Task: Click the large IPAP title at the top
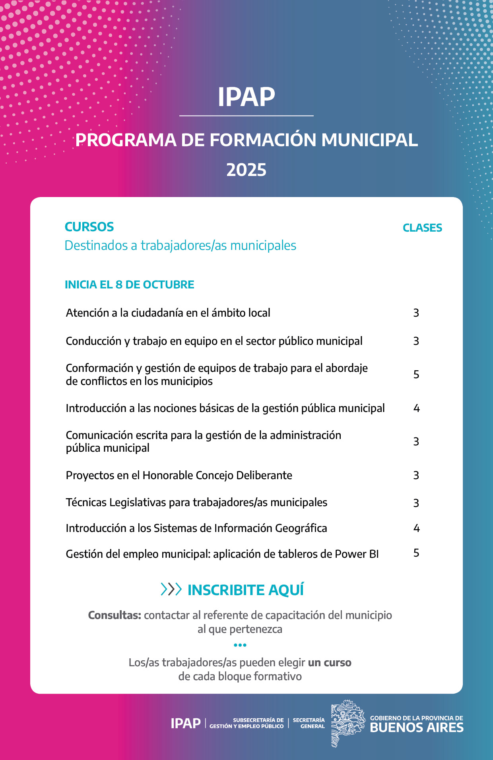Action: (x=246, y=97)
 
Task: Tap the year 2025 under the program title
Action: (x=246, y=170)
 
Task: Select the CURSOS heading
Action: (x=89, y=227)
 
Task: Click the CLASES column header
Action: (x=422, y=228)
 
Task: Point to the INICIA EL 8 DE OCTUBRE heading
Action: (x=129, y=284)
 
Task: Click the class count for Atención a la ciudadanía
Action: (x=416, y=313)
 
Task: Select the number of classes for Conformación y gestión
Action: (x=416, y=374)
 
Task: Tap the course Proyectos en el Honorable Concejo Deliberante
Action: (x=179, y=475)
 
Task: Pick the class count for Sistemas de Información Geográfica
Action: (x=416, y=528)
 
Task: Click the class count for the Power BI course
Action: (x=416, y=553)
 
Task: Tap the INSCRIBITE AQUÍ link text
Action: (x=246, y=590)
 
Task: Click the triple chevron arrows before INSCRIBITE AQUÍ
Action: (x=171, y=589)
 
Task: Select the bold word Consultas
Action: (x=115, y=615)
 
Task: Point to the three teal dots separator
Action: (x=240, y=645)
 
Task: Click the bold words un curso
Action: (x=330, y=663)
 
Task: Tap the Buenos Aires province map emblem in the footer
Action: (x=347, y=723)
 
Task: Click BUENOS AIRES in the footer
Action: (x=417, y=727)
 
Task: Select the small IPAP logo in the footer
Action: (x=185, y=723)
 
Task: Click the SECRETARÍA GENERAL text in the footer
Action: (x=309, y=723)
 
